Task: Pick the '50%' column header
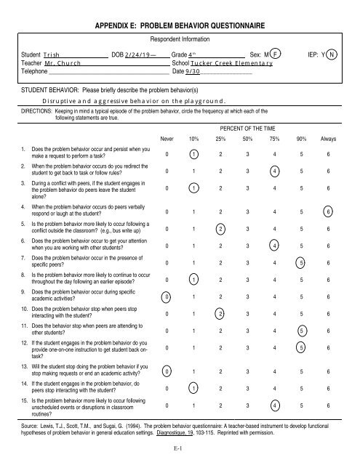[x=248, y=137]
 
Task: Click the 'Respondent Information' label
[x=180, y=37]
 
